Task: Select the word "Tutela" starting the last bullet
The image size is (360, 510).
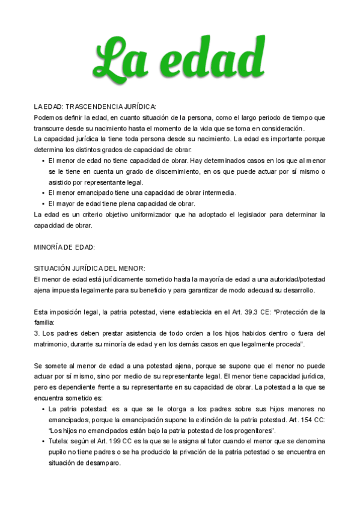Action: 59,441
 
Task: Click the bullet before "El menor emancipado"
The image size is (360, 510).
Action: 43,193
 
